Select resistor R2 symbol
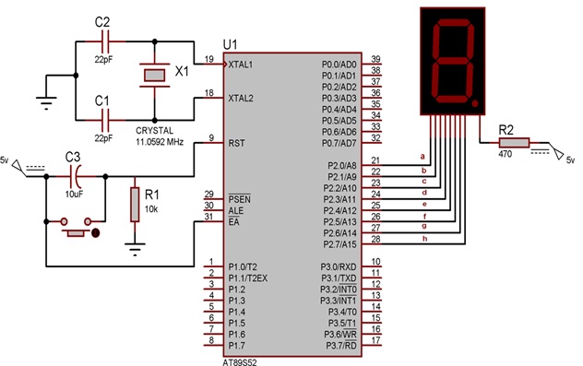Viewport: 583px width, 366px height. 513,144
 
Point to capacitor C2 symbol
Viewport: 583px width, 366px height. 102,41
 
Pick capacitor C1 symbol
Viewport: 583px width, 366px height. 102,117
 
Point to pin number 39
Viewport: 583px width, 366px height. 375,59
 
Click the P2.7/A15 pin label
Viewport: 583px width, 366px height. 339,245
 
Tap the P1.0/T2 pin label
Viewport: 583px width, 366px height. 244,266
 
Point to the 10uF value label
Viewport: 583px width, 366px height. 76,195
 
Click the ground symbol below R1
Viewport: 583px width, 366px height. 135,246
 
